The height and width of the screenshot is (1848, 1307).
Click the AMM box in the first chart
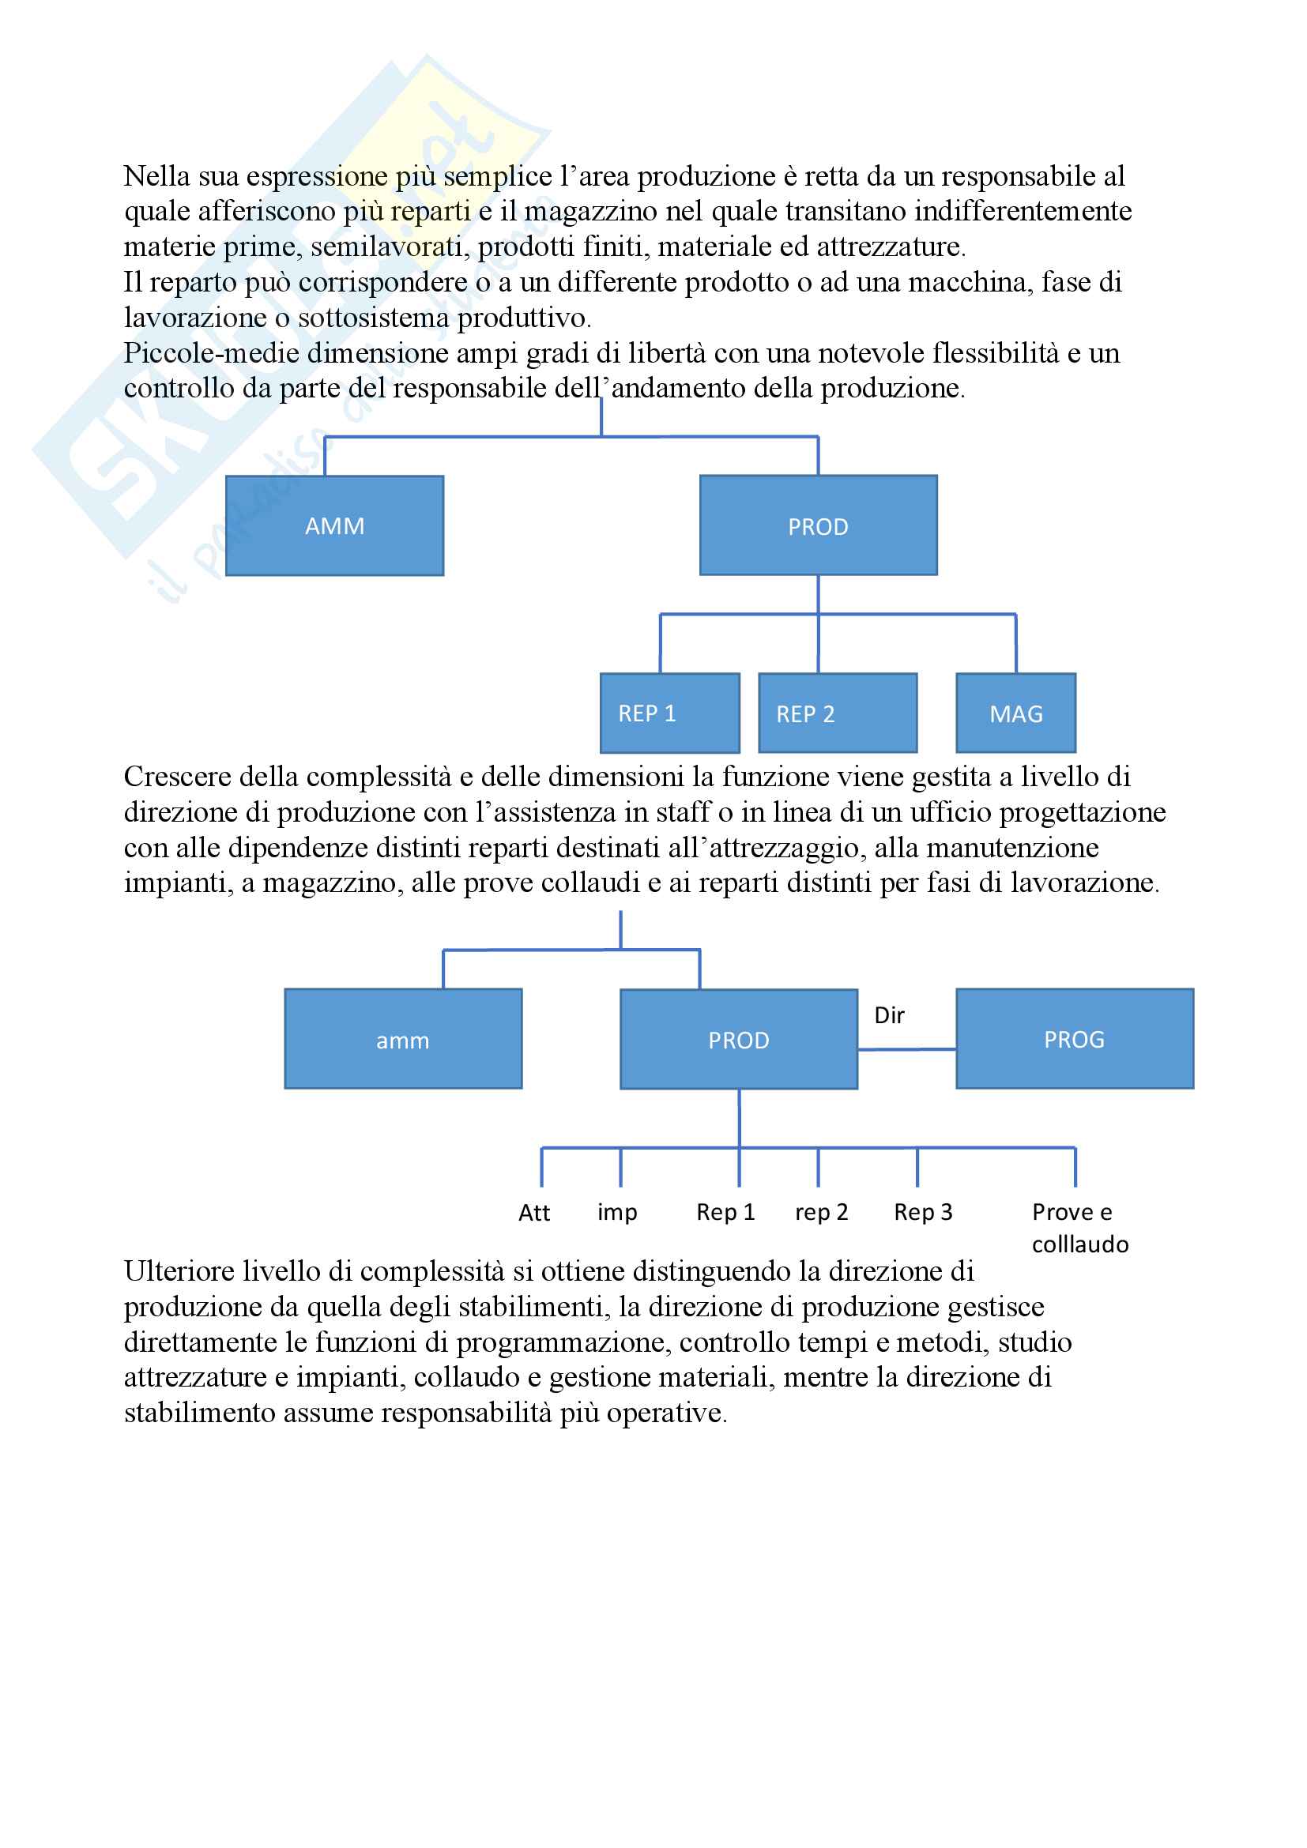334,525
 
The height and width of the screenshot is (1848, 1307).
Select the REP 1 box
669,713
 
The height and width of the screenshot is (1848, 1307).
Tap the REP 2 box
837,713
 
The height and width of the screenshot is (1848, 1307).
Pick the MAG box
1015,713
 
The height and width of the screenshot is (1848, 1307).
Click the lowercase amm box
402,1039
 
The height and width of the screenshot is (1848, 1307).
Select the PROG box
1075,1039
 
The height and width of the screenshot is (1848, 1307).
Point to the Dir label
889,1016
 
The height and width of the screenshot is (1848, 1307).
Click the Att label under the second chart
534,1213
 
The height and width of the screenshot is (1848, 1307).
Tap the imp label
617,1212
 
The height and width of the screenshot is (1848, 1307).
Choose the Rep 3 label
923,1212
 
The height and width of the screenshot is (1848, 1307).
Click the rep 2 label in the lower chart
822,1212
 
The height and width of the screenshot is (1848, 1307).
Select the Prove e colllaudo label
1079,1229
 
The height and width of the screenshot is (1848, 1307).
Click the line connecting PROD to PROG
907,1049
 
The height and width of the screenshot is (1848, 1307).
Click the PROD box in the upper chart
818,525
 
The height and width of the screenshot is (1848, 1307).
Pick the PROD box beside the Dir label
738,1039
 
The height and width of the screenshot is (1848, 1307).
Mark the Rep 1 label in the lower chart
725,1212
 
